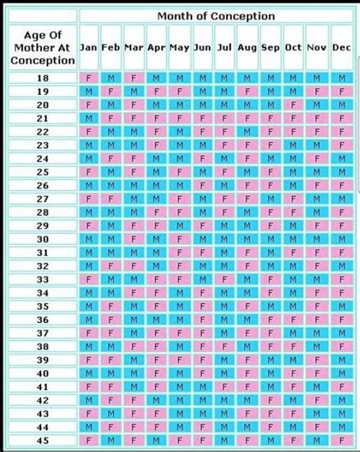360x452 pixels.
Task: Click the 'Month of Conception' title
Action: point(216,16)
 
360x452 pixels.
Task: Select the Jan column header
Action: point(89,47)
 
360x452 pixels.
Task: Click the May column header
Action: point(180,47)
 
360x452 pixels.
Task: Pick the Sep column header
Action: point(271,47)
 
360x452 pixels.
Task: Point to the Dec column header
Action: point(341,47)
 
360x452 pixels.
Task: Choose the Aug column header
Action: point(248,47)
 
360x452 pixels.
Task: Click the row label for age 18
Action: point(43,77)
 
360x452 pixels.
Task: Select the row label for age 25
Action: point(43,172)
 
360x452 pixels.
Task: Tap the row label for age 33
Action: point(43,279)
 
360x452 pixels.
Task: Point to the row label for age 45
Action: point(43,440)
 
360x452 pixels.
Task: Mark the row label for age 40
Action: point(43,373)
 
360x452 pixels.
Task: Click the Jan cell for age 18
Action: point(89,77)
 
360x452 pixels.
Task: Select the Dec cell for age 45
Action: point(341,440)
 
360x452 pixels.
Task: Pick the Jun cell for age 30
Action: point(203,239)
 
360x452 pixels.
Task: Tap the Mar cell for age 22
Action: point(134,131)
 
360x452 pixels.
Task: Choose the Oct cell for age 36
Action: point(294,319)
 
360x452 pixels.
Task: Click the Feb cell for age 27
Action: point(112,198)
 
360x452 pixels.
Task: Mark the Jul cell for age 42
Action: point(226,400)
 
